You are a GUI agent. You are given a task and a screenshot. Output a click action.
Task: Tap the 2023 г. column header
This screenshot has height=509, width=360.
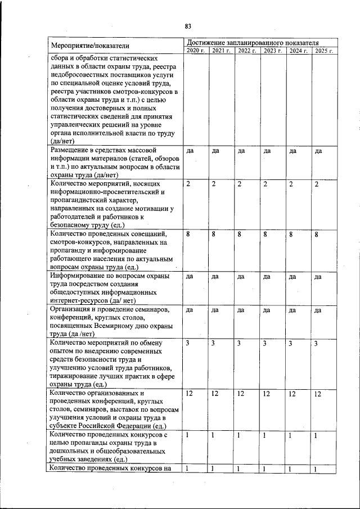pyautogui.click(x=273, y=51)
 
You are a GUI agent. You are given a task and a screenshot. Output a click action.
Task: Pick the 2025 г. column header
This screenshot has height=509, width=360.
pyautogui.click(x=325, y=51)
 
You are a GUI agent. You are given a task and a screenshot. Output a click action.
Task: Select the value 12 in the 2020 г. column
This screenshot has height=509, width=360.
pyautogui.click(x=190, y=394)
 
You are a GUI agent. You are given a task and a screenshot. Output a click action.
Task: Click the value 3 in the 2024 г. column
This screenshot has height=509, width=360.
pyautogui.click(x=291, y=343)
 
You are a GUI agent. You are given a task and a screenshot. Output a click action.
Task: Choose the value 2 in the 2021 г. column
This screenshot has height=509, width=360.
pyautogui.click(x=214, y=184)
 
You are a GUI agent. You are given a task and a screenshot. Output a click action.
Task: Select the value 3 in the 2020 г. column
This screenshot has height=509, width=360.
pyautogui.click(x=188, y=343)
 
